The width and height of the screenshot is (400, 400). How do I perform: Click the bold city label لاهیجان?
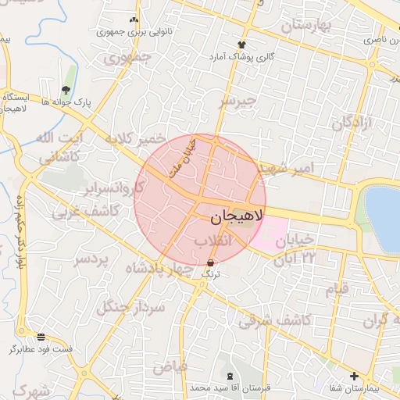pyautogui.click(x=232, y=213)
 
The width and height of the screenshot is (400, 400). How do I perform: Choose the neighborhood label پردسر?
pyautogui.click(x=91, y=260)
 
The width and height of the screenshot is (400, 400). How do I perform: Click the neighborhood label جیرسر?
pyautogui.click(x=237, y=101)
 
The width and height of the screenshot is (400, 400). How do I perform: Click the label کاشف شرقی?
pyautogui.click(x=276, y=320)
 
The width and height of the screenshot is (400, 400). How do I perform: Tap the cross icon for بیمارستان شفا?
pyautogui.click(x=355, y=376)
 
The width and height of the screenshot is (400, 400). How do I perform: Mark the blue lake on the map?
pyautogui.click(x=384, y=209)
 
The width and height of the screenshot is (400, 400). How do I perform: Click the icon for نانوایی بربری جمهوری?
pyautogui.click(x=133, y=20)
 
